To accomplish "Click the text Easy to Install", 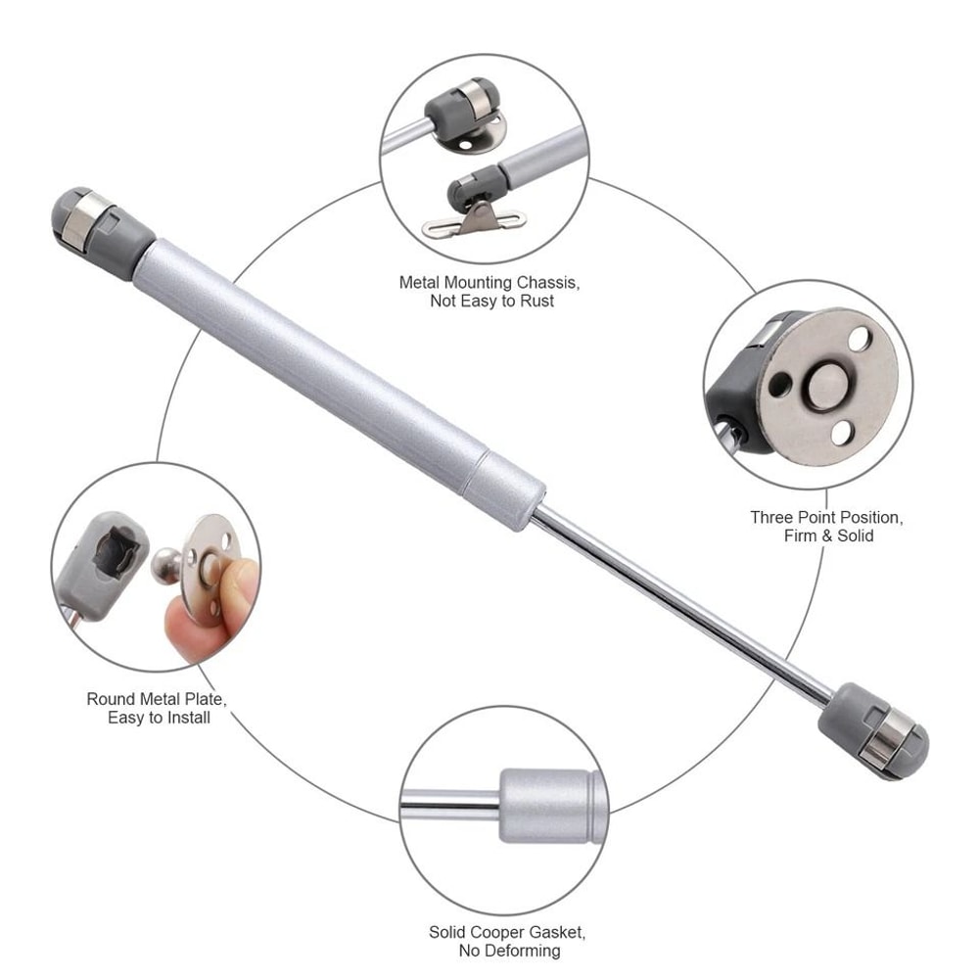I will click(159, 718).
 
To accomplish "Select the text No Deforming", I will click(509, 951).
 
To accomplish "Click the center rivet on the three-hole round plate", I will click(820, 387).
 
